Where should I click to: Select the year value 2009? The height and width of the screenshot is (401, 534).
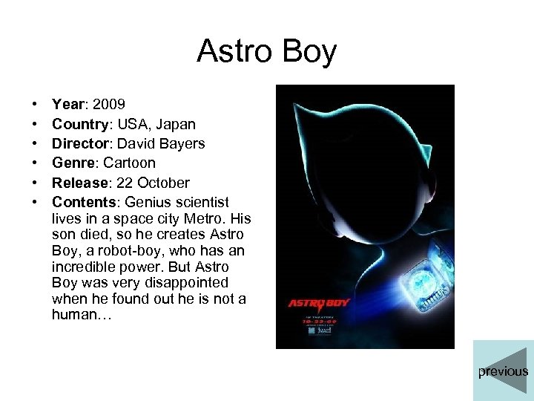click(111, 105)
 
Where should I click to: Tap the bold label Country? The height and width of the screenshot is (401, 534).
click(81, 124)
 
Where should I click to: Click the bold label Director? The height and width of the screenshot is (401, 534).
click(82, 143)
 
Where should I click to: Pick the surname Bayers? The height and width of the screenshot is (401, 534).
click(180, 143)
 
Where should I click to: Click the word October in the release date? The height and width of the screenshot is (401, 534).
click(163, 183)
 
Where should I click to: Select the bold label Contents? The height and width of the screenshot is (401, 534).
click(84, 202)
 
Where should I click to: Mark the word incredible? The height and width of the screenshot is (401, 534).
click(84, 267)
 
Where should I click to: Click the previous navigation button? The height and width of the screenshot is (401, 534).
click(503, 371)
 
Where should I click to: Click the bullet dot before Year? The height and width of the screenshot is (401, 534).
click(35, 105)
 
